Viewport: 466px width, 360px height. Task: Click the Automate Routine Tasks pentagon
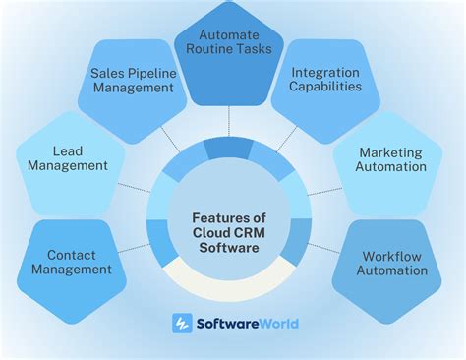point(234,51)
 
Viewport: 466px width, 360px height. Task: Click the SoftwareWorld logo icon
point(182,323)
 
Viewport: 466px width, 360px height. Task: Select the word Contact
point(71,254)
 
